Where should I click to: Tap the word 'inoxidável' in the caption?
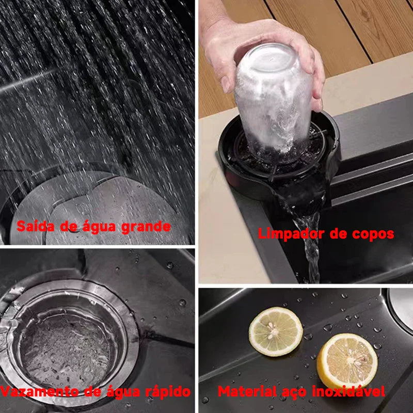(349, 391)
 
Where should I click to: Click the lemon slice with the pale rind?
(276, 331)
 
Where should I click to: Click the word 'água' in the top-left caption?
(99, 227)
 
